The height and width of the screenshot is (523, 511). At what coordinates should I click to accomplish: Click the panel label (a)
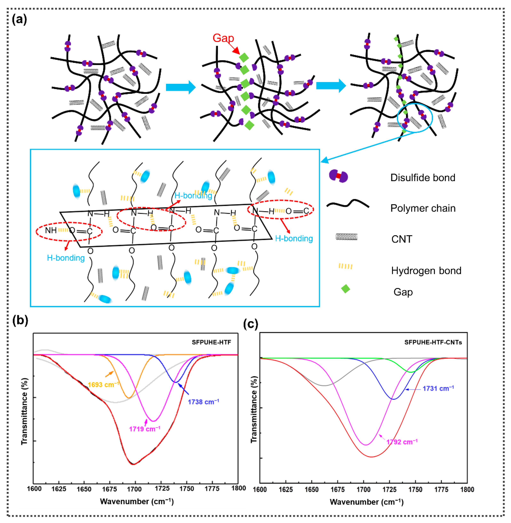[19, 20]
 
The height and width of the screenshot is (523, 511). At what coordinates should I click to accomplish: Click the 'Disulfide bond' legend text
[423, 178]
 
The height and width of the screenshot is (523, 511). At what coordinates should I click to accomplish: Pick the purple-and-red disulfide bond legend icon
[338, 176]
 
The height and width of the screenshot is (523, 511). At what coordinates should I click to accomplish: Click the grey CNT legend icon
[346, 237]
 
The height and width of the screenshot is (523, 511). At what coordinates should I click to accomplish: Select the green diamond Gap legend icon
[345, 289]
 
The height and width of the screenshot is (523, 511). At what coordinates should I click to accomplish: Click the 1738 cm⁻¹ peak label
[203, 402]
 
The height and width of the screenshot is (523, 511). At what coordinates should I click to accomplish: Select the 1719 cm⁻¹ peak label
[145, 429]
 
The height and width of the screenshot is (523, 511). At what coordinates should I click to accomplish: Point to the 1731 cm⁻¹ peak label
[438, 388]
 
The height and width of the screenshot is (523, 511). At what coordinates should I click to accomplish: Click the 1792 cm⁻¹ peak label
[402, 442]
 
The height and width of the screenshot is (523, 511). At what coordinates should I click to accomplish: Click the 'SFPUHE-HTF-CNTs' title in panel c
[433, 342]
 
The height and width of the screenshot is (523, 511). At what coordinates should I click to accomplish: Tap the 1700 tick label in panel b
[135, 489]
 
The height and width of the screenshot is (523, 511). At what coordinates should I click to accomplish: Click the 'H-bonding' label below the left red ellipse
[66, 258]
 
